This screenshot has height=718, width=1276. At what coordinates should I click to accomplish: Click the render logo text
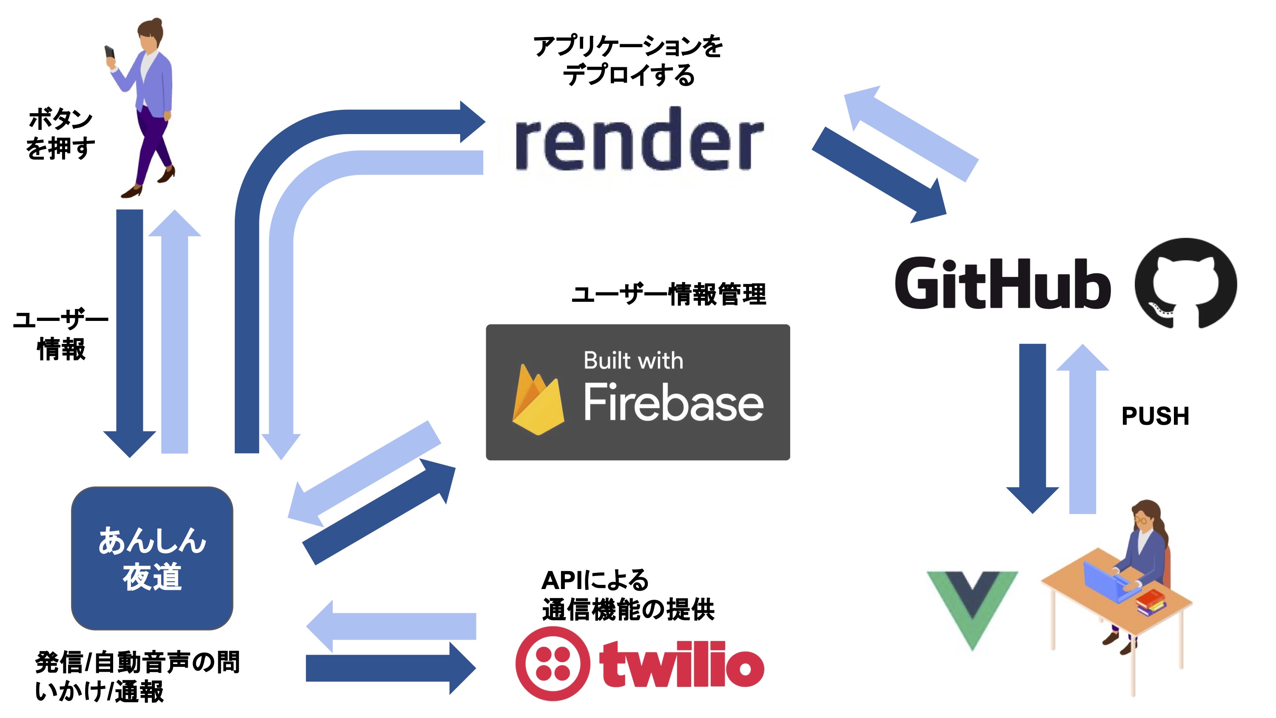pos(639,141)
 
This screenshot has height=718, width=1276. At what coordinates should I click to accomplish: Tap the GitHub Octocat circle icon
pos(1185,283)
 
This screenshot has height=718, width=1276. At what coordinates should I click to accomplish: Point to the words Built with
pos(633,361)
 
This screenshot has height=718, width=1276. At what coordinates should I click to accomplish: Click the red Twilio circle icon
pos(553,664)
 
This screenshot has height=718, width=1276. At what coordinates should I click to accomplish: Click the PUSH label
pos(1155,416)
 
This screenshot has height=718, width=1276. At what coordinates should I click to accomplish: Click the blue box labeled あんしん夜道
pos(152,558)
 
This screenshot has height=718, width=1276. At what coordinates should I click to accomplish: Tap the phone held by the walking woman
pos(109,52)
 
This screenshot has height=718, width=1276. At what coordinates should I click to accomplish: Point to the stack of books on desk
pos(1150,602)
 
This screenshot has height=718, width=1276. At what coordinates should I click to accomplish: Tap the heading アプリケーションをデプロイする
pos(628,60)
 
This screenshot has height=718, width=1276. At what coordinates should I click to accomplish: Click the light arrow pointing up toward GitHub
pos(1082,431)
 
